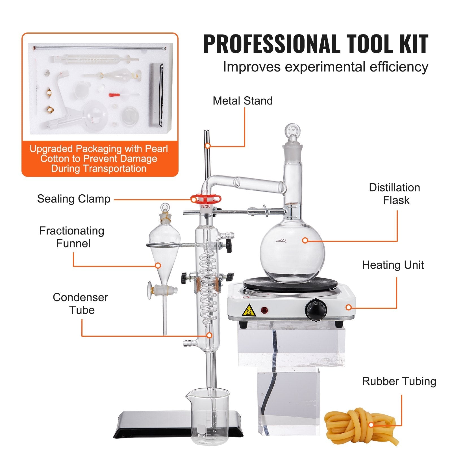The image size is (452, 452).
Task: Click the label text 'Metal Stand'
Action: (x=243, y=101)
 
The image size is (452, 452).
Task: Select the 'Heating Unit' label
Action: (x=393, y=265)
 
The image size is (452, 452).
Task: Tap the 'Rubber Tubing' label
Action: (x=399, y=381)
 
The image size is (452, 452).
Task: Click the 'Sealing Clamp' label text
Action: (x=74, y=199)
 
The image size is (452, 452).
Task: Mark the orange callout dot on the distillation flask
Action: (x=305, y=240)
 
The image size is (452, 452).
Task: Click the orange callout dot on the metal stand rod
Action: (x=208, y=146)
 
